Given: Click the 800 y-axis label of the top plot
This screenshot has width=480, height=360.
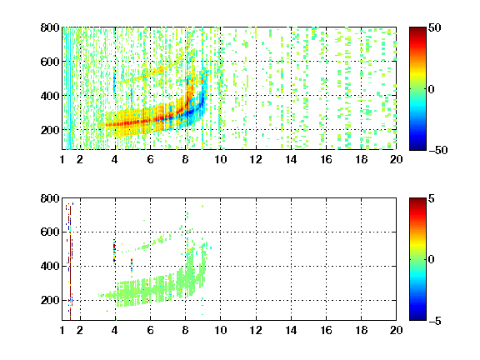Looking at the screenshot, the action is click(50, 27).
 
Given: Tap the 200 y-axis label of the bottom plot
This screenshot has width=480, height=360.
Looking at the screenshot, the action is click(50, 300).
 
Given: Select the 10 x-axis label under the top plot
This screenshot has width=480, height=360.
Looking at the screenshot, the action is click(220, 159).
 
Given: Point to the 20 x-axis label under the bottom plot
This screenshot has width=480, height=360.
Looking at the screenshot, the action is click(396, 330).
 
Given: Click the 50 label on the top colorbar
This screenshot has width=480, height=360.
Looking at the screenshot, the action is click(434, 27).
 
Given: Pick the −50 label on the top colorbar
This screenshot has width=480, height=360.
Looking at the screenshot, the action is click(437, 150).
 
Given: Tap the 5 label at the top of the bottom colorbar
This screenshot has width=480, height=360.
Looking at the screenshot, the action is click(432, 198).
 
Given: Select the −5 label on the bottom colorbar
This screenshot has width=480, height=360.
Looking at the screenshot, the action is click(435, 321).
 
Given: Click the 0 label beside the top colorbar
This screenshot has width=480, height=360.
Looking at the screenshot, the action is click(432, 89).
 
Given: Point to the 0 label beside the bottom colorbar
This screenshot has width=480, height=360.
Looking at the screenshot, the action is click(432, 260).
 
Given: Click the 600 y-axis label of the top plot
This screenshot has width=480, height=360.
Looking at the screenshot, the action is click(50, 62).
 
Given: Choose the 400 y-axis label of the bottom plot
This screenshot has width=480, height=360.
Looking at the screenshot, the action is click(50, 266).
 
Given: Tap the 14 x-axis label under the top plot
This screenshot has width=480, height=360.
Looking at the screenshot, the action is click(291, 159).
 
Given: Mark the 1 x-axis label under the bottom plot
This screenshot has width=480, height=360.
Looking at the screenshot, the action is click(62, 330).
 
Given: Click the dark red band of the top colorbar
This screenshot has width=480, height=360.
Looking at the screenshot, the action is click(417, 31).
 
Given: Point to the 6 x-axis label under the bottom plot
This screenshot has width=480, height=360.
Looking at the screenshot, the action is click(150, 330).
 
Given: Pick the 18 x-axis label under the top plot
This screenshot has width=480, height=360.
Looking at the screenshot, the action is click(361, 159).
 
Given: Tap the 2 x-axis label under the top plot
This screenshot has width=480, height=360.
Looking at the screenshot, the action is click(80, 159).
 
